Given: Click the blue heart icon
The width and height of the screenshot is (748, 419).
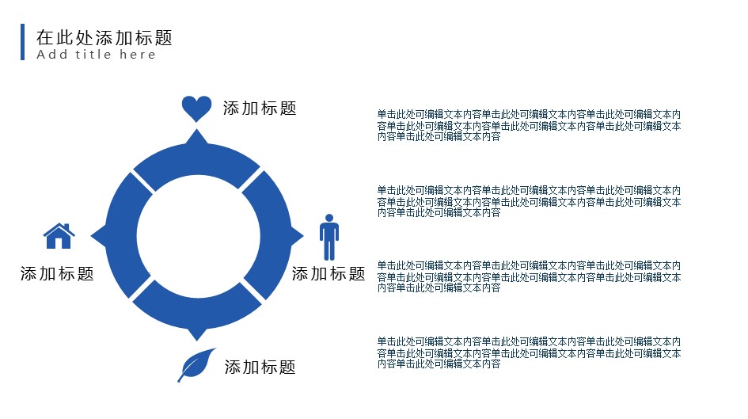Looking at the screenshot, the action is pos(196,109).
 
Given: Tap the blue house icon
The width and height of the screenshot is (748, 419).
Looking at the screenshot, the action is pos(59,236).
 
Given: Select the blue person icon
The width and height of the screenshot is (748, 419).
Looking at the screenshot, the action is pos(329,237).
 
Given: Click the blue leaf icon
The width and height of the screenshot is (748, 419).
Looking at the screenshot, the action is pos(196,365).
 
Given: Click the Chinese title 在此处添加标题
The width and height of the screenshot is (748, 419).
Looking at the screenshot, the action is pos(104,37).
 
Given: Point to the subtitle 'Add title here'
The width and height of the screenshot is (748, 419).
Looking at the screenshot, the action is pos(96,55).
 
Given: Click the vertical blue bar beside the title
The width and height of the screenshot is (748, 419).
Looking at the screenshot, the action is pos(22,42).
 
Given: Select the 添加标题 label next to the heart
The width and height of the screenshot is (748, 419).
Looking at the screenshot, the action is pos(260,109).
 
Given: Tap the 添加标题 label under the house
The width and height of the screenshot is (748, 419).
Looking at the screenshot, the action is pos(57,274).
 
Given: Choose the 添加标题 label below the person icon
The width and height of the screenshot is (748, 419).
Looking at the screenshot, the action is pos(328,274).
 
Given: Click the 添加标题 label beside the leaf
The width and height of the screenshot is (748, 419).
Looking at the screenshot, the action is pos(260,368).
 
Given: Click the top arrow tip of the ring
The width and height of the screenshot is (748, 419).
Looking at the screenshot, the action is pos(196,130).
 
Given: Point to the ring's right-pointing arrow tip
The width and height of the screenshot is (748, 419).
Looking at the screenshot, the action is pos(303,235).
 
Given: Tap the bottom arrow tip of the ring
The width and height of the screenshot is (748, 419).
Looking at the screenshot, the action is pos(196,341).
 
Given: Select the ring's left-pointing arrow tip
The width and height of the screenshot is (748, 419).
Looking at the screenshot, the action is pos(92,235).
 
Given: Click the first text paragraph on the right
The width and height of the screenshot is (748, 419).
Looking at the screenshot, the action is pos(529,125).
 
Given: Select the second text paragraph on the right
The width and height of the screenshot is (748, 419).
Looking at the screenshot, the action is pos(529,201).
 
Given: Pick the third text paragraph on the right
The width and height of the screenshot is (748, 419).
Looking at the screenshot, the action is pos(529,276).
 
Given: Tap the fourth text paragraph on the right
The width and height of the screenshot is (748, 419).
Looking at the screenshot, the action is pos(529,352).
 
